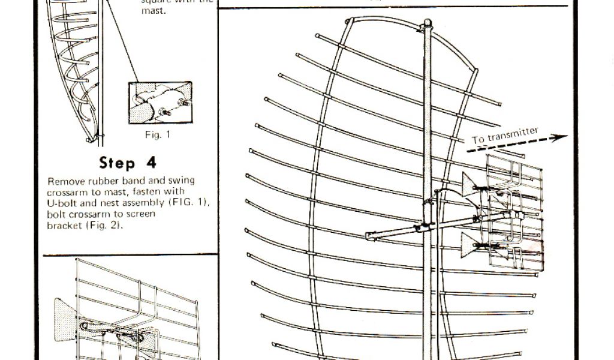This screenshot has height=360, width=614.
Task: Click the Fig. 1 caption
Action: tap(158, 135)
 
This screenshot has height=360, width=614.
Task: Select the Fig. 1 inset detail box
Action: tap(160, 103)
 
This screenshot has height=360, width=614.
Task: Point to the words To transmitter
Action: tap(505, 136)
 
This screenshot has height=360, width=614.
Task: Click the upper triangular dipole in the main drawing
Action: tap(471, 184)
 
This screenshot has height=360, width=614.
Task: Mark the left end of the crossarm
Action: tap(370, 236)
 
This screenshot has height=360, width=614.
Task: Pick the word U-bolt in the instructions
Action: tap(62, 203)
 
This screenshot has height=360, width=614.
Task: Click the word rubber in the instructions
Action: tap(103, 181)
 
